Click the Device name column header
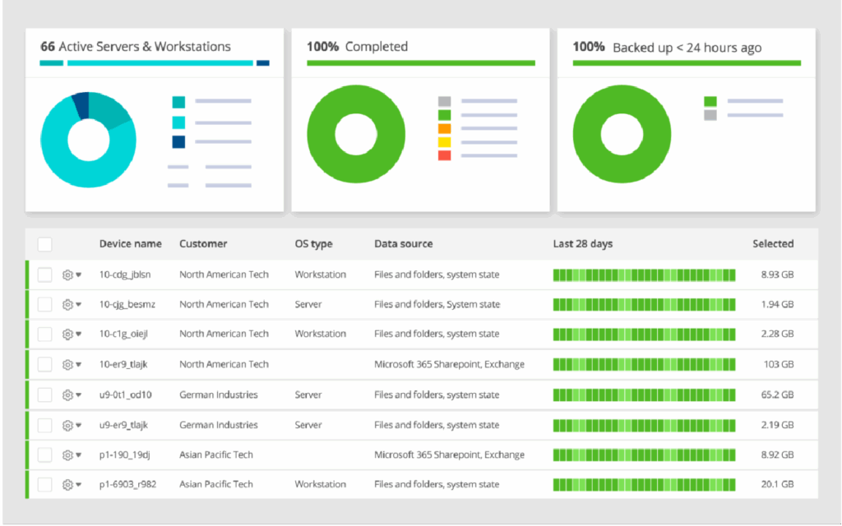[x=130, y=244]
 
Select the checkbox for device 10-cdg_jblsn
[x=44, y=275]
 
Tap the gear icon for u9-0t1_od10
[x=68, y=395]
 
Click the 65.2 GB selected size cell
[x=777, y=395]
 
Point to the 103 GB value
[x=778, y=365]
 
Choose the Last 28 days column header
[x=582, y=244]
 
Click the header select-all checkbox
[x=44, y=244]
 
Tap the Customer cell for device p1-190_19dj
[x=216, y=455]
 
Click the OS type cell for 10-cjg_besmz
[x=308, y=305]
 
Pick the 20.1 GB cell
[x=777, y=485]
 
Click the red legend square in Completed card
[x=444, y=155]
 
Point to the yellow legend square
[x=444, y=142]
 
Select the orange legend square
[x=444, y=129]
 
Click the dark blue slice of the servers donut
[x=80, y=104]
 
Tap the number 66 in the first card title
[x=48, y=47]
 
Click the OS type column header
[x=313, y=244]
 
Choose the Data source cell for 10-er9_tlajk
[x=449, y=365]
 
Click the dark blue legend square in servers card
[x=178, y=142]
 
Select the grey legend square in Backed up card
[x=710, y=116]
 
